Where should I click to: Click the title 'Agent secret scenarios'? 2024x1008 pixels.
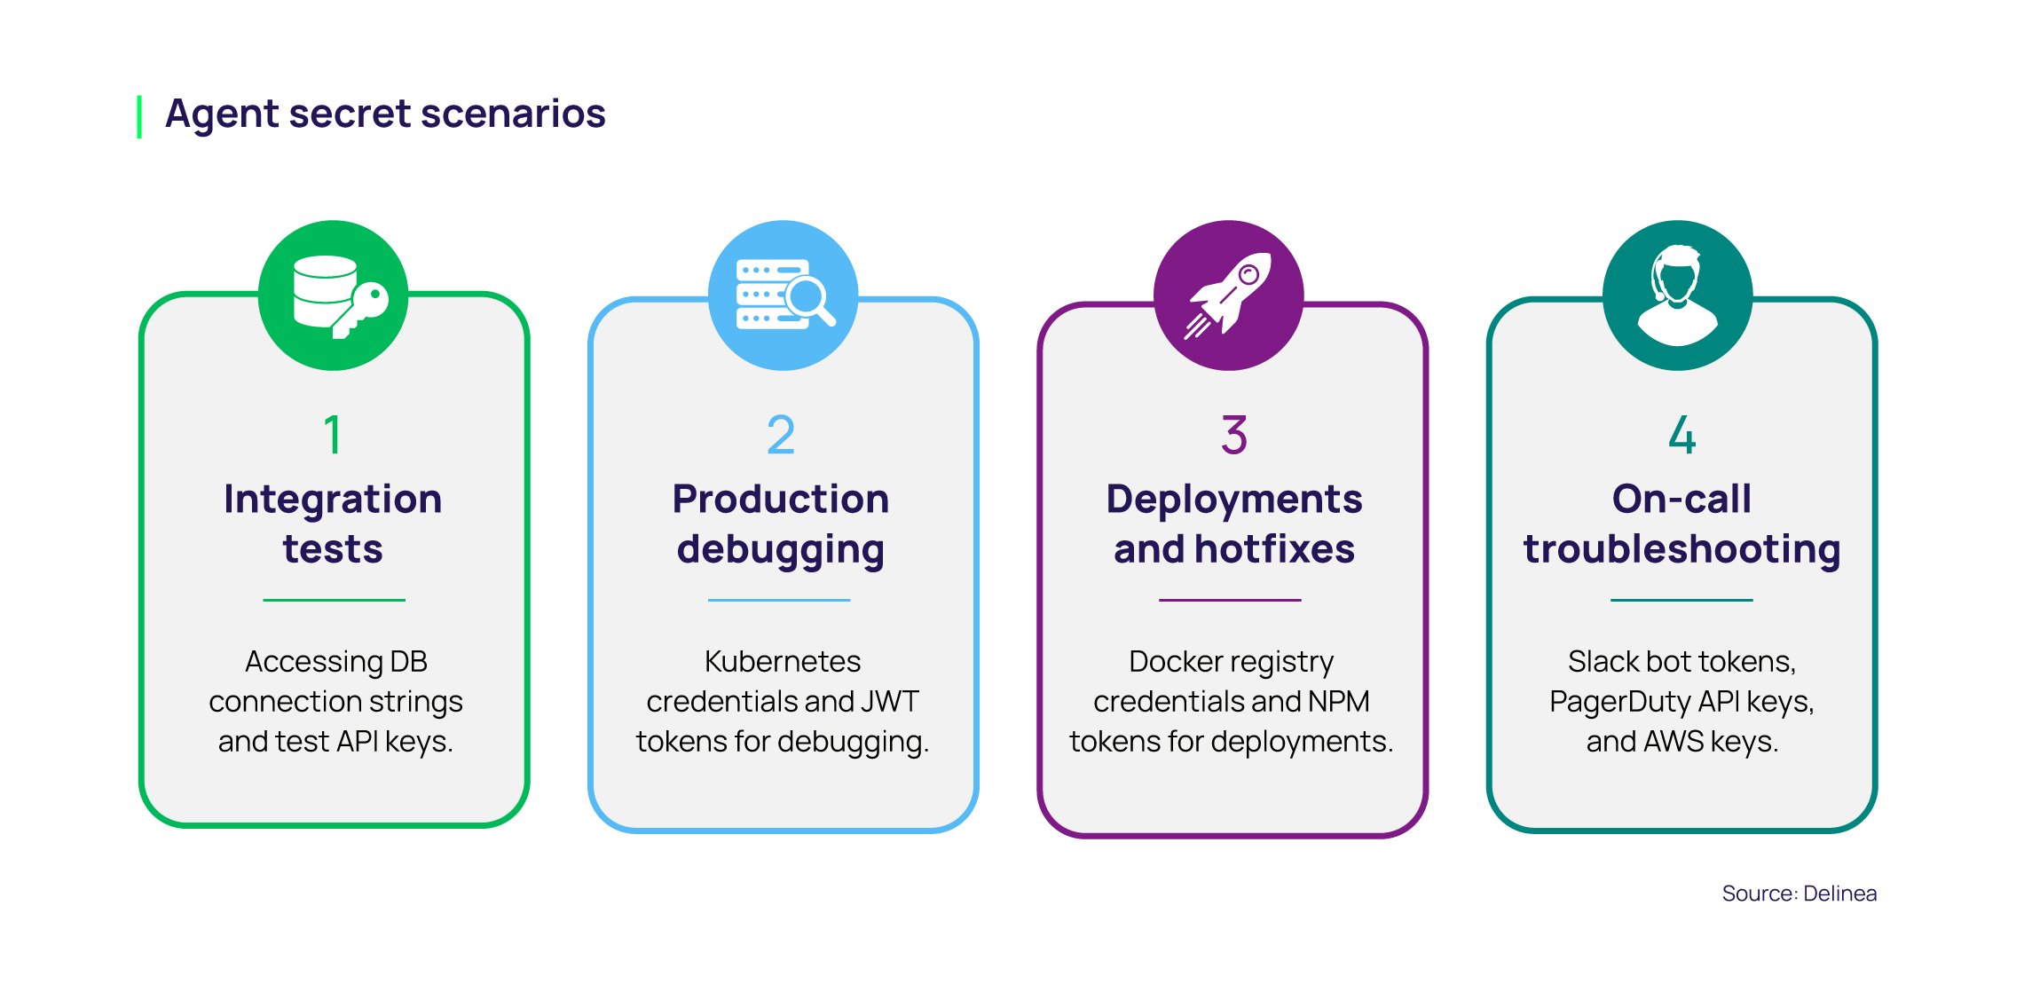point(385,114)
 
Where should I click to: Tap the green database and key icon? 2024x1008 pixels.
point(334,295)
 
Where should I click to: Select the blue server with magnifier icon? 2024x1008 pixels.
point(784,295)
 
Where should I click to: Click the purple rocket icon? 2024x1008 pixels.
point(1229,295)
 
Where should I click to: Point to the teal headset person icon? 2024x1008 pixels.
point(1677,295)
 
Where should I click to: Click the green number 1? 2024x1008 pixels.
point(333,435)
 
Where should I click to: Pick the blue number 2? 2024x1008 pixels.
point(781,435)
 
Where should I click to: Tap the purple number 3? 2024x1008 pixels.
point(1234,435)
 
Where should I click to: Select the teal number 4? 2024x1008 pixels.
point(1682,435)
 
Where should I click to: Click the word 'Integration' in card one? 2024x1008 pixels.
point(333,499)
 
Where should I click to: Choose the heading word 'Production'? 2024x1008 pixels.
point(781,499)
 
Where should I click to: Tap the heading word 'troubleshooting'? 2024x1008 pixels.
point(1682,549)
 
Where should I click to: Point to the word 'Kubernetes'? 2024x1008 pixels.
point(783,662)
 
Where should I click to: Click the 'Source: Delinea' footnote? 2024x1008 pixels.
point(1799,894)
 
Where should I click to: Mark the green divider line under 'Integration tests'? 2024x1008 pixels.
point(334,601)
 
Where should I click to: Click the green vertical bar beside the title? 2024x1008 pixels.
point(139,116)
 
